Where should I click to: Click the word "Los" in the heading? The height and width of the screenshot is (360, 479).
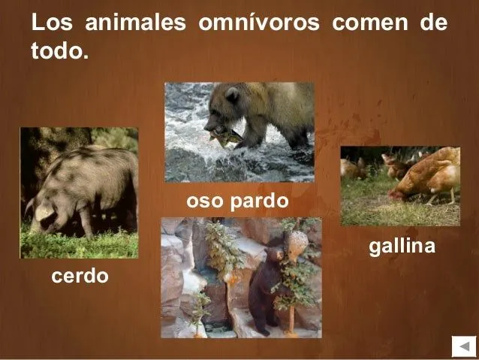point(52,23)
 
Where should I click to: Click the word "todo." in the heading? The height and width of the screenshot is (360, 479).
point(59,53)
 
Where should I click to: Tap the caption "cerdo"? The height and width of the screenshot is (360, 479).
point(80,277)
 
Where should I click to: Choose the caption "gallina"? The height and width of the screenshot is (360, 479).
point(402,246)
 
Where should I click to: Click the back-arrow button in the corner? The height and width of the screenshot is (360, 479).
point(460,346)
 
